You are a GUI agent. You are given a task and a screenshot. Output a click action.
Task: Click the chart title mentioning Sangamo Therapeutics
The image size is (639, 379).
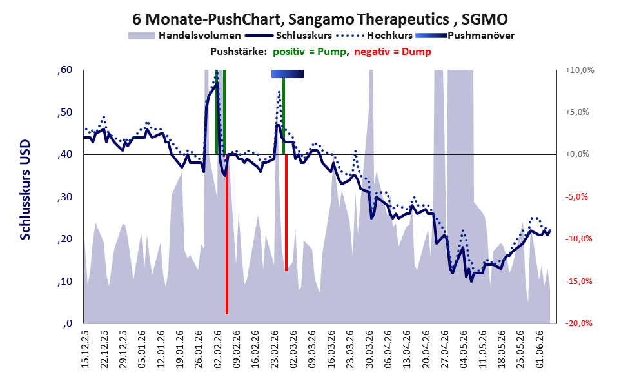click(320, 19)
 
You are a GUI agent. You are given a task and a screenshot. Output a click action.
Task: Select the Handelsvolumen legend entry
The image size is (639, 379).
click(184, 36)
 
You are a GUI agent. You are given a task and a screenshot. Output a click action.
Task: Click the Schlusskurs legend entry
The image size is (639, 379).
click(288, 36)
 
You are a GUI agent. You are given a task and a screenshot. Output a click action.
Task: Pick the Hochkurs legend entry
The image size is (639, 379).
click(375, 36)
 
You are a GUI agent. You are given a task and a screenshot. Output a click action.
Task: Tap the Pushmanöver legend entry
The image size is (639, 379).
click(465, 36)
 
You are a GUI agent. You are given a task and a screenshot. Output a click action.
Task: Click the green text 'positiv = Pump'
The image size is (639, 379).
click(310, 52)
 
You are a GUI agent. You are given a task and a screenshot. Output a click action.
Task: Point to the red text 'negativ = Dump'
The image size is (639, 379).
click(393, 52)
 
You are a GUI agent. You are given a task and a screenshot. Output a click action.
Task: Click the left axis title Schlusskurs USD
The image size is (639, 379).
click(25, 190)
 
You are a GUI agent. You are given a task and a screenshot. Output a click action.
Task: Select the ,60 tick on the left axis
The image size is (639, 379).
click(65, 70)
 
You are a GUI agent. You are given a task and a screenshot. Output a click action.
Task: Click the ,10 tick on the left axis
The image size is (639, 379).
click(65, 281)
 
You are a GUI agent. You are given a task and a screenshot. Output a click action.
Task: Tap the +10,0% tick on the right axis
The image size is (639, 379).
click(580, 70)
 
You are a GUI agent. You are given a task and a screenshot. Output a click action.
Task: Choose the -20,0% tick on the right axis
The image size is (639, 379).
click(578, 323)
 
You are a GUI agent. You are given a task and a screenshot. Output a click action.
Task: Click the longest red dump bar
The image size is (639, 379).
click(227, 234)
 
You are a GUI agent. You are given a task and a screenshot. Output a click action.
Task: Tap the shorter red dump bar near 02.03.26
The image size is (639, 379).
click(286, 212)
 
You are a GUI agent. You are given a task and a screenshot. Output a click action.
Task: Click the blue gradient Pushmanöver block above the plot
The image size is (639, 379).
click(288, 74)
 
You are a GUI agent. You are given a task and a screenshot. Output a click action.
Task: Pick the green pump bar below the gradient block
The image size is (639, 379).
click(283, 116)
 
